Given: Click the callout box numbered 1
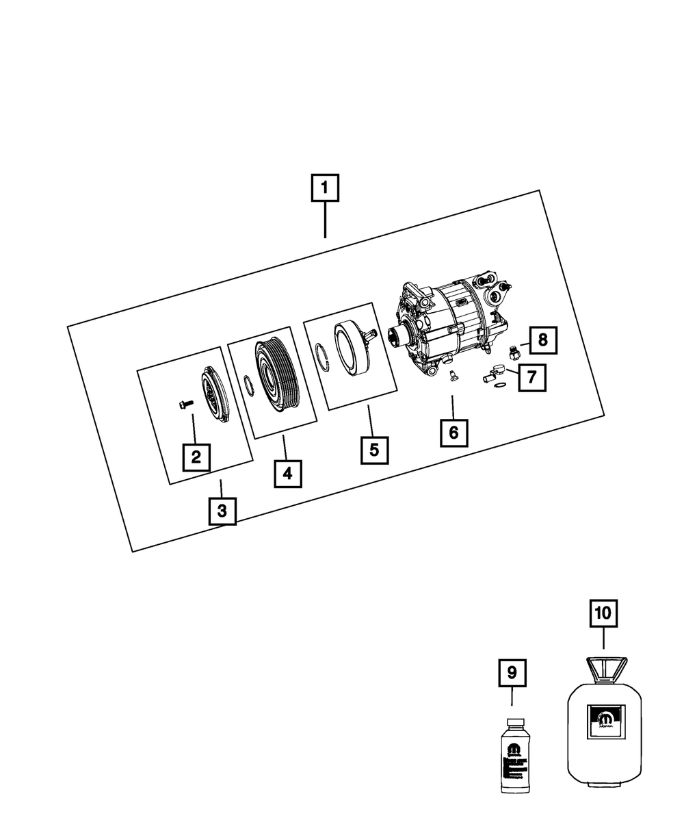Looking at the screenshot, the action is [324, 189].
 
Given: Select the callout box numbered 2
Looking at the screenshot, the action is [196, 457].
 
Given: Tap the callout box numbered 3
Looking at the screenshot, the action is [222, 510].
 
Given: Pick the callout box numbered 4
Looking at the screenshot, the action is [287, 472].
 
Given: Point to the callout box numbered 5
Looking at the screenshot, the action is [373, 450].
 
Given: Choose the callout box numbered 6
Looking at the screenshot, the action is [453, 432].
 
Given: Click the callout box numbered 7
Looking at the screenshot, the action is [531, 376].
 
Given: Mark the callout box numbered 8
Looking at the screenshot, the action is [542, 339].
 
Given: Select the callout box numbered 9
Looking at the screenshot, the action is [512, 673].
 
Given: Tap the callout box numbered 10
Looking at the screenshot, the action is [604, 615].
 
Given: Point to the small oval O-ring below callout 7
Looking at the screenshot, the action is [500, 391].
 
